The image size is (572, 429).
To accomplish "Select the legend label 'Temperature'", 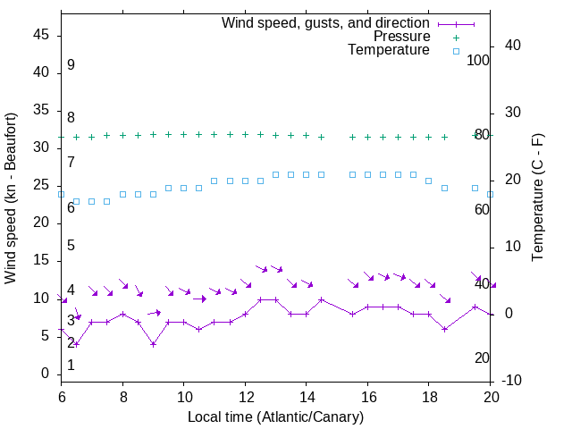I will [x=389, y=50].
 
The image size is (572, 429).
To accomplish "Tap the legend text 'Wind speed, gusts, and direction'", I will [x=325, y=22].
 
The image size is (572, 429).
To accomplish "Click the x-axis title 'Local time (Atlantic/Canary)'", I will [x=276, y=416].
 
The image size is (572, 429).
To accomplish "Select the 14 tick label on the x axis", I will [x=307, y=396].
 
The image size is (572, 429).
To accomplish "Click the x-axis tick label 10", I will [x=184, y=396].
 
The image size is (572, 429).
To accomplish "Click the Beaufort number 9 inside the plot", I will [x=71, y=65].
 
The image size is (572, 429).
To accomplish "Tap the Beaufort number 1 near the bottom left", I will [x=71, y=365].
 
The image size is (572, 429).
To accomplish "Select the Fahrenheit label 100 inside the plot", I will [x=479, y=60].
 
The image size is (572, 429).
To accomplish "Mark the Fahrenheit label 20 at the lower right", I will [x=482, y=357].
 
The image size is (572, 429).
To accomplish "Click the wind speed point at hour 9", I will [x=154, y=344].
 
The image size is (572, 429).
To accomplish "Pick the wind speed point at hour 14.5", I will [x=322, y=299].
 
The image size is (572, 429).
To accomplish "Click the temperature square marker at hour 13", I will [x=275, y=174].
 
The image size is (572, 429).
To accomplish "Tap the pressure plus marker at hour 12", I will [x=245, y=134].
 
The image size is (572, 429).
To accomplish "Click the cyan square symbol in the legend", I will [x=455, y=51].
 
